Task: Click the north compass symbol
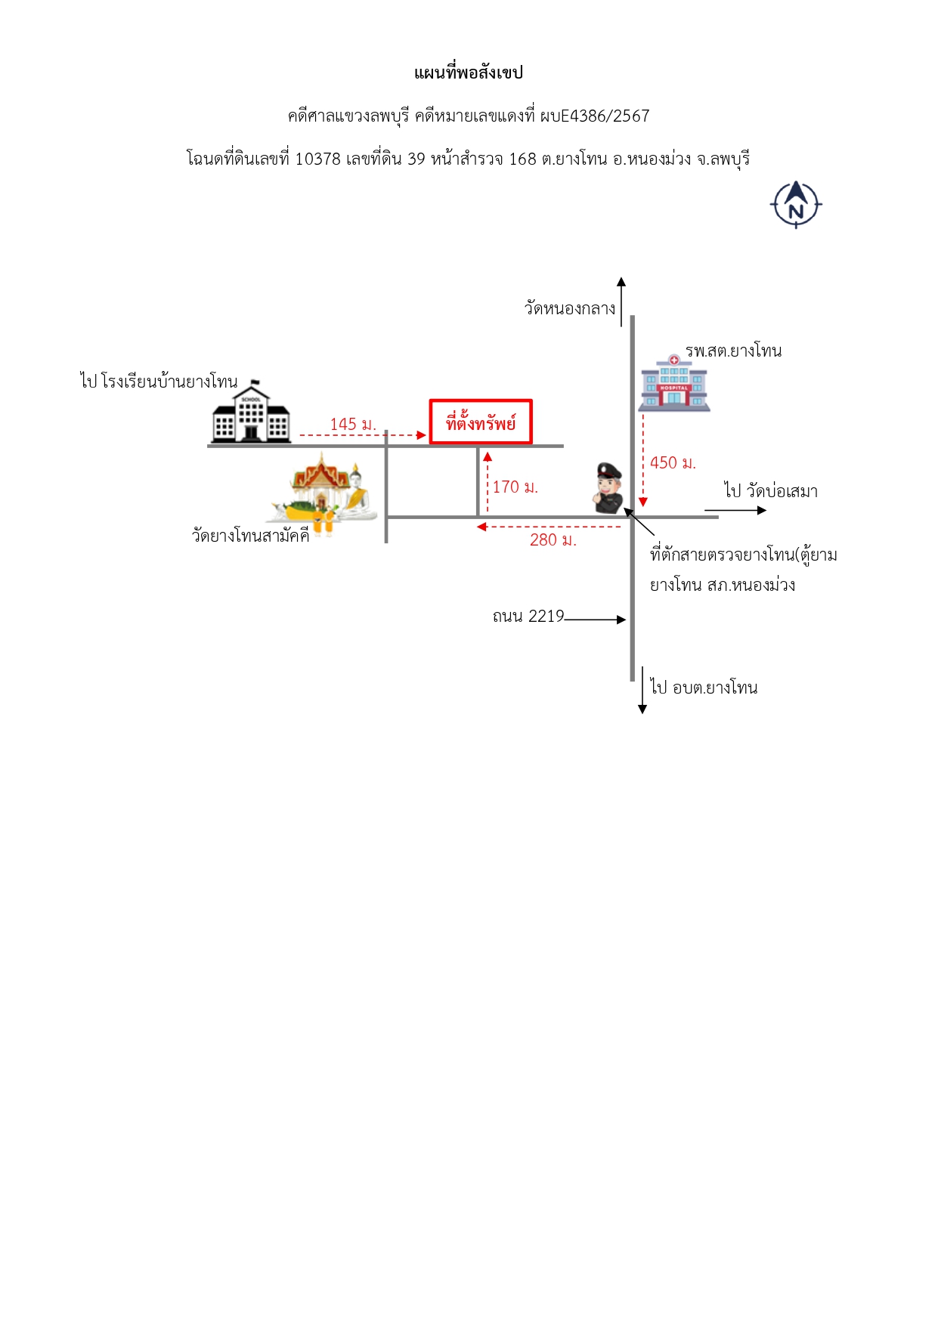pyautogui.click(x=796, y=204)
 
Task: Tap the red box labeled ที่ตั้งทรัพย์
pyautogui.click(x=481, y=422)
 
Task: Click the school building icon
pyautogui.click(x=250, y=412)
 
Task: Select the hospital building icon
pyautogui.click(x=674, y=383)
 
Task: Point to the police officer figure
pyautogui.click(x=608, y=488)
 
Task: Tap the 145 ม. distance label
pyautogui.click(x=353, y=424)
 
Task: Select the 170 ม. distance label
pyautogui.click(x=515, y=487)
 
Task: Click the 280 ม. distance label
pyautogui.click(x=553, y=539)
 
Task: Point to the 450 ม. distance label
pyautogui.click(x=673, y=462)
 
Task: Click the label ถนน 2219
pyautogui.click(x=528, y=616)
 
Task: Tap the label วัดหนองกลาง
pyautogui.click(x=570, y=308)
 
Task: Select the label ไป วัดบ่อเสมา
pyautogui.click(x=771, y=491)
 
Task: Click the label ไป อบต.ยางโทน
pyautogui.click(x=704, y=687)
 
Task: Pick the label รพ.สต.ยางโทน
pyautogui.click(x=733, y=351)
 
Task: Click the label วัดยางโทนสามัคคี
pyautogui.click(x=251, y=535)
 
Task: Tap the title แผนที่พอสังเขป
pyautogui.click(x=469, y=73)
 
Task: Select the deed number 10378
pyautogui.click(x=317, y=159)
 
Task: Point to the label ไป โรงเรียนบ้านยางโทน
pyautogui.click(x=159, y=381)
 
